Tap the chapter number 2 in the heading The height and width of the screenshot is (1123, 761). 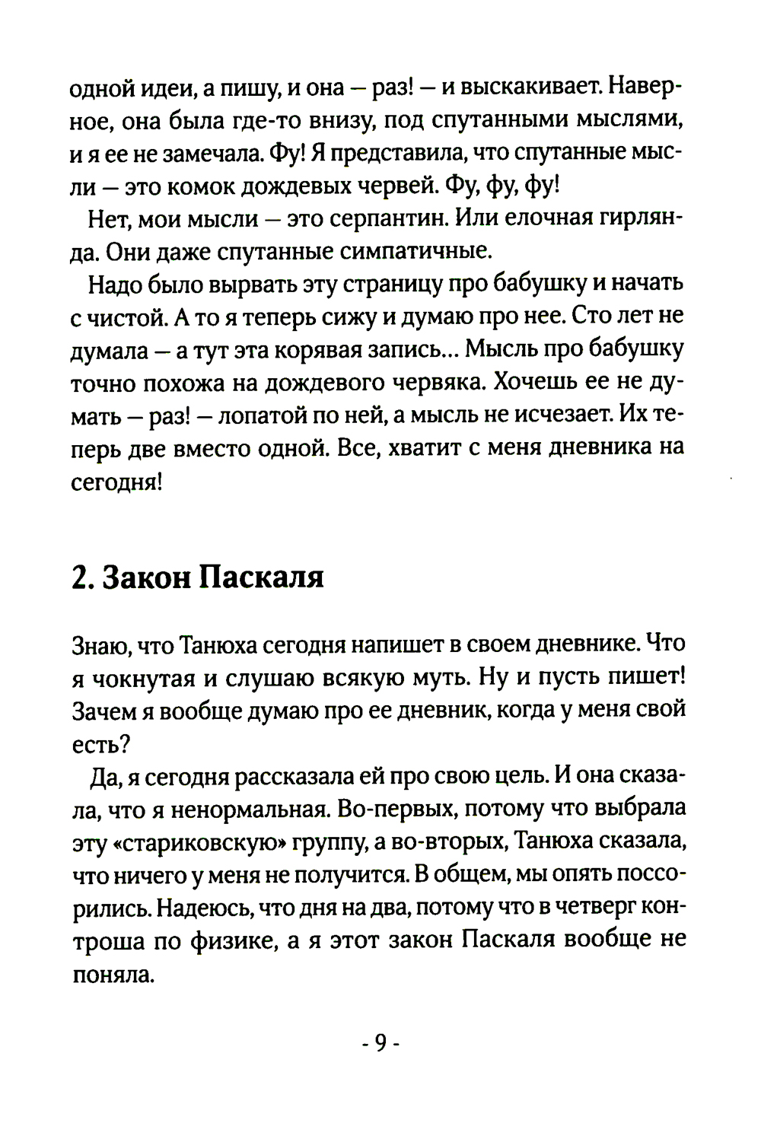pyautogui.click(x=78, y=577)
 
